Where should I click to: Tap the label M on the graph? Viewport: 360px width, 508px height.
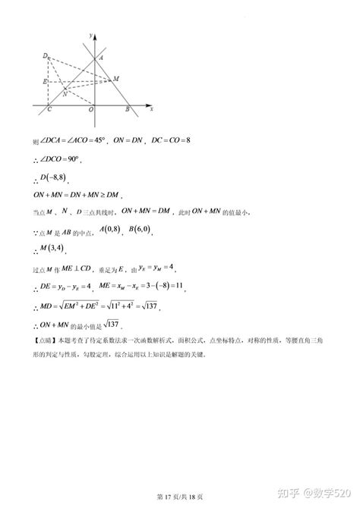click(115, 78)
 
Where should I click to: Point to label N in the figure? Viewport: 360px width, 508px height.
click(65, 94)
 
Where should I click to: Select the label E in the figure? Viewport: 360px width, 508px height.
click(45, 80)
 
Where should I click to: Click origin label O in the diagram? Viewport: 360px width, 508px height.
click(90, 111)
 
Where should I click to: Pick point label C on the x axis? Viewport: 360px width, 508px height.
click(49, 111)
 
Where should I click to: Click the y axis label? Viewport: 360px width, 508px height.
click(90, 36)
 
